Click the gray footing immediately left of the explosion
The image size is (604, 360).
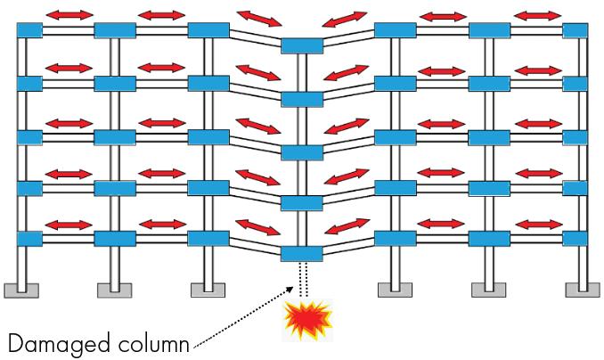[207, 289]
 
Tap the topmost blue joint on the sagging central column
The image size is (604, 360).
[301, 45]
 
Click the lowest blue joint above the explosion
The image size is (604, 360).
[301, 254]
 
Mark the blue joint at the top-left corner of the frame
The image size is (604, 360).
[29, 30]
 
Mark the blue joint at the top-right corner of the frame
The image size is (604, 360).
[575, 30]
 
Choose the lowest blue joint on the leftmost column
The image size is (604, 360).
[29, 239]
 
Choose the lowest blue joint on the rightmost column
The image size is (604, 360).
[575, 239]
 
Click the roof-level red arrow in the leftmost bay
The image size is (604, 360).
[69, 15]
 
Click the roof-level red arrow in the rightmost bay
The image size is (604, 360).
[537, 16]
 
